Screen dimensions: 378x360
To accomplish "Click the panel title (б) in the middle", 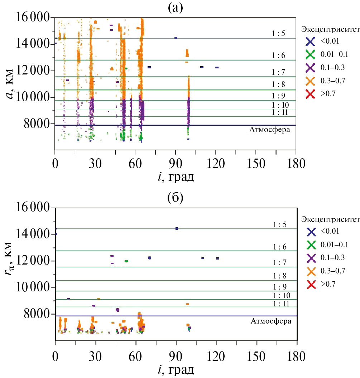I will (176, 198).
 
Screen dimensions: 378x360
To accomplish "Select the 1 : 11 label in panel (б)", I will (279, 303).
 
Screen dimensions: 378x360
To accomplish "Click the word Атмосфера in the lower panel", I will (270, 321).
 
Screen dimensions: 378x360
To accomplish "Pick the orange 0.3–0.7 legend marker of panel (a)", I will (310, 81).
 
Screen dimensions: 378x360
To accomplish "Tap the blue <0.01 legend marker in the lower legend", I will (311, 232).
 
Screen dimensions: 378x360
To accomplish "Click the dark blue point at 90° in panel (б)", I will (177, 228).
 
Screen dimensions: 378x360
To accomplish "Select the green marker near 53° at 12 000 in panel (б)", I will (126, 261).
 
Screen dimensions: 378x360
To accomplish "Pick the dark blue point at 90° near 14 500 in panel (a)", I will (176, 38).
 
